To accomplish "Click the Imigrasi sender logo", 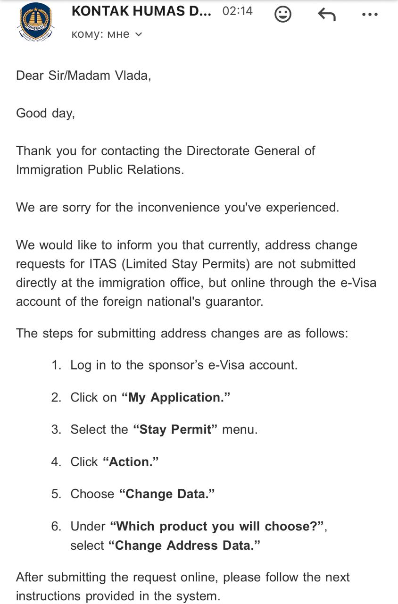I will point(36,21).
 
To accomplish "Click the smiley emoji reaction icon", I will point(283,14).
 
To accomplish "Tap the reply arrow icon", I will point(326,14).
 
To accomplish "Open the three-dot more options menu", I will point(370,14).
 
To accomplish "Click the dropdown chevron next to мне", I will point(139,34).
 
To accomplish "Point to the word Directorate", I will point(218,151).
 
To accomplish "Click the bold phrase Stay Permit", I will point(175,429).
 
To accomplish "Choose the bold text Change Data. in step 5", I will point(167,494).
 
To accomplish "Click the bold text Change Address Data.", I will point(184,545).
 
